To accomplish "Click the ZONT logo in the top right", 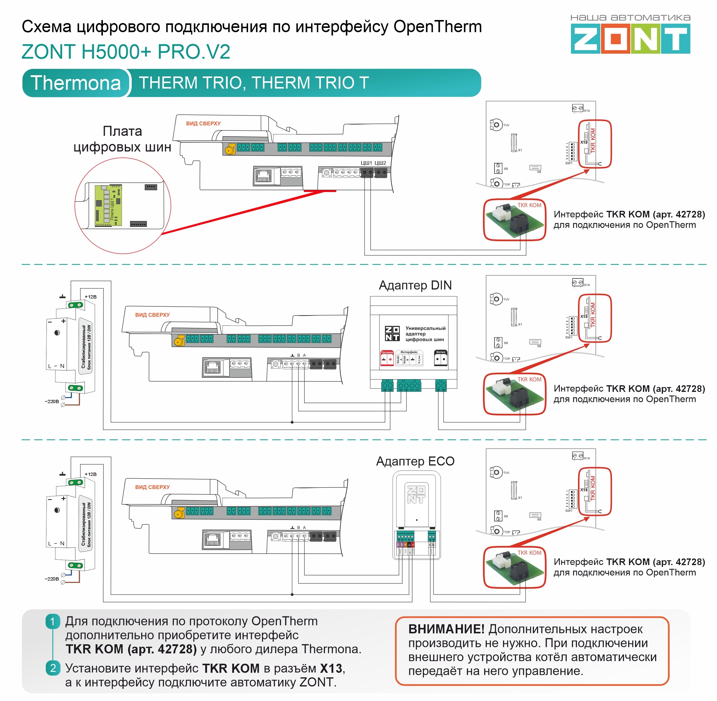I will point(630,38).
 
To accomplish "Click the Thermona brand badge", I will point(76,83).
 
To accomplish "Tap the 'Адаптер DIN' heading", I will point(415,285).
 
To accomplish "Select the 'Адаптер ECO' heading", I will point(415,461).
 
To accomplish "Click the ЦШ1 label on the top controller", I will point(366,163).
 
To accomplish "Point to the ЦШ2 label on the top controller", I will point(380,163).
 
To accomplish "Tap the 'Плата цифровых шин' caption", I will point(122,139).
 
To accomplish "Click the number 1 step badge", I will point(53,622).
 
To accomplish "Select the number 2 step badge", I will point(53,668).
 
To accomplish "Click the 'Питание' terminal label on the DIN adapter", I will point(387,353).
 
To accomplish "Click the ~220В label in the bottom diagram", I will point(52,579).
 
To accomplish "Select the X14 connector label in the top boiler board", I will point(586,110).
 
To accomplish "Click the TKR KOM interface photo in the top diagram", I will point(515,221).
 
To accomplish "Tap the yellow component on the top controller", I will point(230,149).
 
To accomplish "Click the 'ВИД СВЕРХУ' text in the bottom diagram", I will point(152,487).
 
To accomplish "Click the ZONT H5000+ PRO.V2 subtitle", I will point(126,52).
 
